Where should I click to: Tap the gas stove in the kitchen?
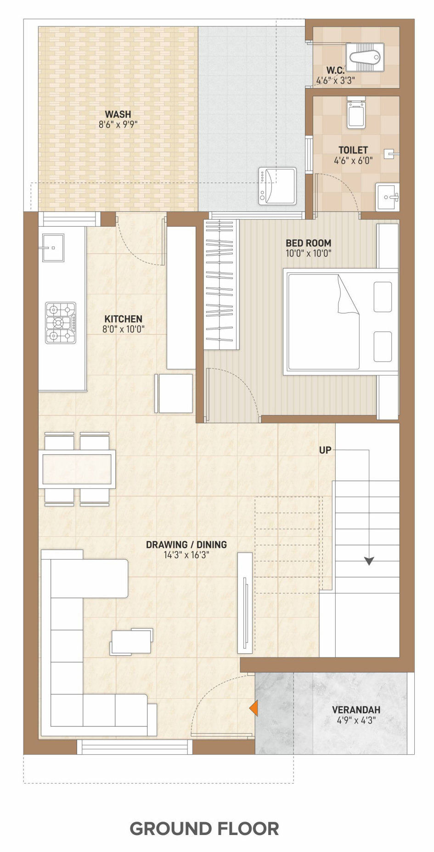point(61,323)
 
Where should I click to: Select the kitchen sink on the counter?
point(53,248)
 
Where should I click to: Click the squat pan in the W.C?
point(364,57)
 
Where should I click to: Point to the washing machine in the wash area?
point(277,186)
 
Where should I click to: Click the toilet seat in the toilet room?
point(356,112)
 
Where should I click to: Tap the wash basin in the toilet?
point(388,197)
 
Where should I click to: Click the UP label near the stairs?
point(325,450)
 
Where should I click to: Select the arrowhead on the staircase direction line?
point(369,561)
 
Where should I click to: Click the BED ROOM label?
point(308,243)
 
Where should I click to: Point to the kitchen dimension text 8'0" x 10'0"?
point(124,329)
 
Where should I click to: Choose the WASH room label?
point(118,114)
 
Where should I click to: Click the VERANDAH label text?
point(356,710)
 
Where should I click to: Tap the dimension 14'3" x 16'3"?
point(186,555)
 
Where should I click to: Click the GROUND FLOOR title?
point(204,829)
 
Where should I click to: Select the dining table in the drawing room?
point(77,469)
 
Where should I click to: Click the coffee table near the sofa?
point(131,641)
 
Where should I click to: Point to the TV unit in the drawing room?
point(245,603)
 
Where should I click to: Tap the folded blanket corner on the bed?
point(348,295)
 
